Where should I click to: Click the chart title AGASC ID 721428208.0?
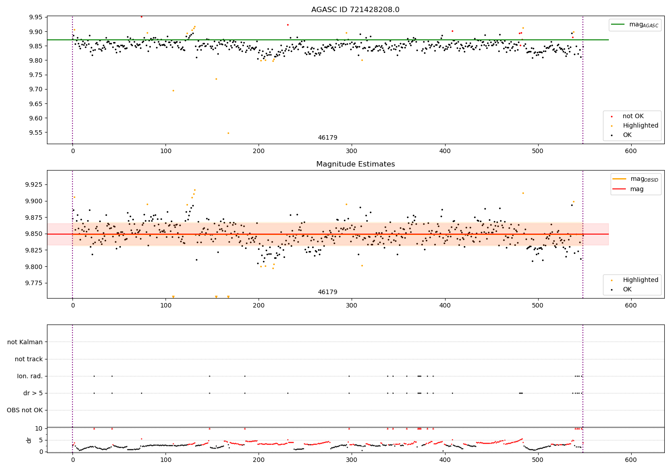[355, 10]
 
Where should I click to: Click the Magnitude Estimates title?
[355, 164]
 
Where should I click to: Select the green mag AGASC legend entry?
[635, 25]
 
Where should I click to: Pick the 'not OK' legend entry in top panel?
[633, 116]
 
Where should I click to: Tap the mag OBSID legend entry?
[636, 179]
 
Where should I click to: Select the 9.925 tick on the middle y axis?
[33, 184]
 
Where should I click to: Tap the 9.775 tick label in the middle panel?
[33, 283]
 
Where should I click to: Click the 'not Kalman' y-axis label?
[25, 342]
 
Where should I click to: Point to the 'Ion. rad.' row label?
[30, 376]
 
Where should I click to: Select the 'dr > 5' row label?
[33, 393]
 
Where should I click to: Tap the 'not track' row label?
[29, 359]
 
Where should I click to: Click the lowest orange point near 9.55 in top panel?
[228, 133]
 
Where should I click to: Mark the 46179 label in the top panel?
[327, 138]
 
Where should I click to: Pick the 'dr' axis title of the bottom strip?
[29, 440]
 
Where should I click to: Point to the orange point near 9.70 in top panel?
[173, 90]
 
